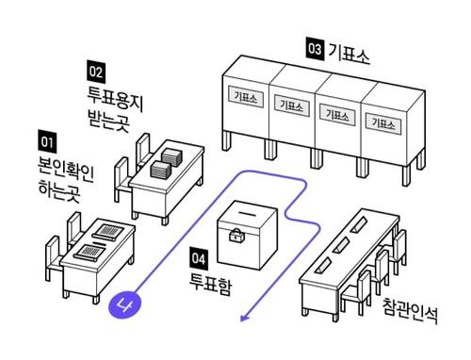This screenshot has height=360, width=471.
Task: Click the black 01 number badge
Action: point(47,141)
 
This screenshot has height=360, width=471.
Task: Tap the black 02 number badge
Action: point(96,72)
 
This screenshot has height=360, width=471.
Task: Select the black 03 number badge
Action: point(315,49)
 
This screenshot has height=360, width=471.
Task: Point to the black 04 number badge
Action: point(199,259)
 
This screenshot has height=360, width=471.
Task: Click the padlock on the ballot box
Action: point(236,235)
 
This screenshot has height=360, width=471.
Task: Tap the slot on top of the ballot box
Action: point(248,214)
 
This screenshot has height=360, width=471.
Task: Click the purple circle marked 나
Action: point(124,304)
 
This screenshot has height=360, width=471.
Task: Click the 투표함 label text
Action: point(211,284)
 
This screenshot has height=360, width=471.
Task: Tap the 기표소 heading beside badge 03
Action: point(349,54)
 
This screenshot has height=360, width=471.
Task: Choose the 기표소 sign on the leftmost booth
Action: point(246,97)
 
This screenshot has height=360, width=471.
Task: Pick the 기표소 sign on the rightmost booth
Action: point(383,123)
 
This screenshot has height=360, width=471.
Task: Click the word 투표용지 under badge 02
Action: point(115,99)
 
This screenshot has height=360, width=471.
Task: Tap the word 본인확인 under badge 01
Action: point(66,169)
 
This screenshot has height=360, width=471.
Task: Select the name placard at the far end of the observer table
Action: point(361,224)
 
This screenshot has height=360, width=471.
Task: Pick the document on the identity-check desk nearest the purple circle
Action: point(90,252)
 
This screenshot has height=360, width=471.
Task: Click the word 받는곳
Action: point(108,121)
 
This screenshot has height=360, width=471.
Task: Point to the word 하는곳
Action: point(59,190)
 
